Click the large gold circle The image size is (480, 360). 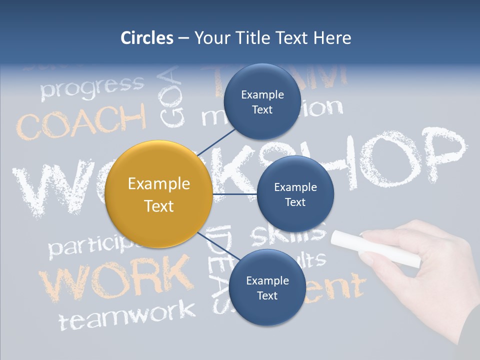159,194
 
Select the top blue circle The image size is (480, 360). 262,101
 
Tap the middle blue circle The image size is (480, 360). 295,194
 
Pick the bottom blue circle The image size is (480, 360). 267,287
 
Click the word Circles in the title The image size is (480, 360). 147,38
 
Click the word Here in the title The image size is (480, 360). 332,38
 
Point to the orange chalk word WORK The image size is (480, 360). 115,277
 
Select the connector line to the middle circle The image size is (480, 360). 234,194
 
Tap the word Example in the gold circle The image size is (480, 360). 159,184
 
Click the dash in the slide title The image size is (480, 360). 183,38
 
